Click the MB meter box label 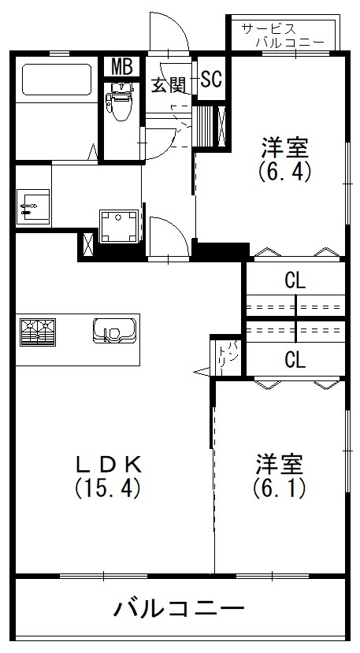coord(121,67)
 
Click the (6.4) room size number coord(285,170)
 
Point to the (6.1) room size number coord(280,488)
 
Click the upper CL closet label coord(295,280)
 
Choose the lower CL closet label coord(295,360)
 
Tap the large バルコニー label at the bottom coord(179,609)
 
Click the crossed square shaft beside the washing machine coord(86,246)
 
